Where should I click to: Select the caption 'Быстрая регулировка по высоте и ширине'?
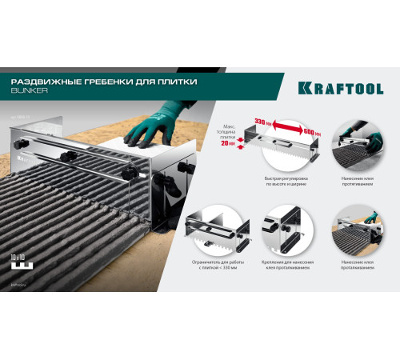coord(285,180)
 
